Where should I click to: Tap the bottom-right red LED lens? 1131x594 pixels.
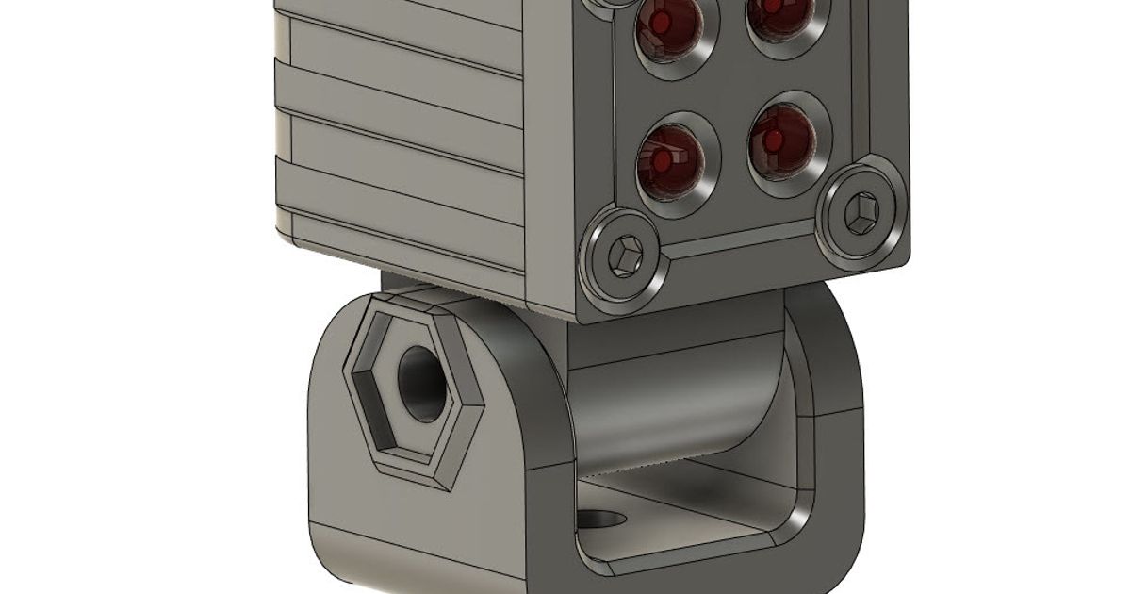point(779,142)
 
